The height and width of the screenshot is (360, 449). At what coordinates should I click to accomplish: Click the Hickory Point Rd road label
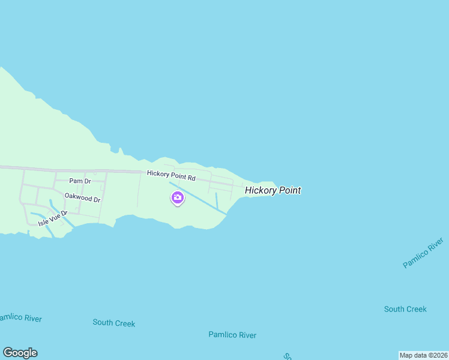[x=172, y=176]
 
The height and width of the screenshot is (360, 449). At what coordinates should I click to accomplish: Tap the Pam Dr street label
[x=79, y=181]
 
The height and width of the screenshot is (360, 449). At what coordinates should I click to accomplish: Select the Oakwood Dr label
[x=82, y=197]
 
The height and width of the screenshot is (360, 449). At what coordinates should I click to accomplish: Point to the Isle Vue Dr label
[x=53, y=218]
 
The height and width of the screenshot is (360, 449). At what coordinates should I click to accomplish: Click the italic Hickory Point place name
[x=273, y=190]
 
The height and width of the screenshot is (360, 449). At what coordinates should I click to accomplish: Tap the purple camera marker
[x=178, y=197]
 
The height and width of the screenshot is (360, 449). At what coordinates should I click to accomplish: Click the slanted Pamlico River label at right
[x=423, y=253]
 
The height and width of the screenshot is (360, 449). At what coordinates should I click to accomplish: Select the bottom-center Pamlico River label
[x=232, y=335]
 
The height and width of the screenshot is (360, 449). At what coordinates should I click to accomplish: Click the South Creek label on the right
[x=405, y=309]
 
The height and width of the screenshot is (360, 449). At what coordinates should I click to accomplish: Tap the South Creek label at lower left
[x=114, y=323]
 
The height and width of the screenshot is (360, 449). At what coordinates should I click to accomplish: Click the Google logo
[x=20, y=353]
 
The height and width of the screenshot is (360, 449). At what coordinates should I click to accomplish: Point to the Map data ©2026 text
[x=423, y=355]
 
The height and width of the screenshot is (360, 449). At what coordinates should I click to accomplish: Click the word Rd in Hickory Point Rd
[x=191, y=178]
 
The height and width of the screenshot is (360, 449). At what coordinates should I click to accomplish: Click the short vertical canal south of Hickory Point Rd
[x=216, y=200]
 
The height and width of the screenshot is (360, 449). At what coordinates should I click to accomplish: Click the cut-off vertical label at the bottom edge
[x=288, y=356]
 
